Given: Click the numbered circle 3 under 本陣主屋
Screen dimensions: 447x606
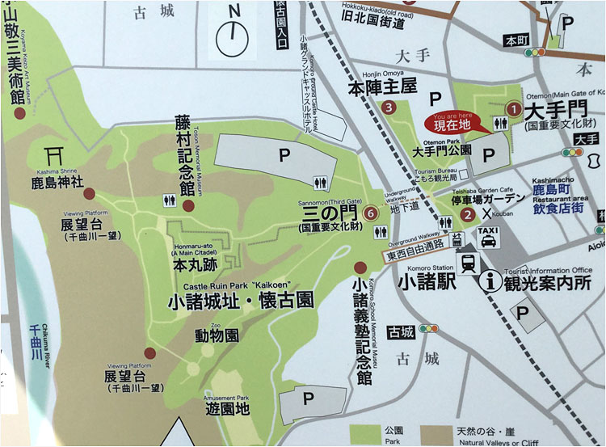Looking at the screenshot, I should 389,107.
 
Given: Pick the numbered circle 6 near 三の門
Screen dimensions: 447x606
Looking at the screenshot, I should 370,213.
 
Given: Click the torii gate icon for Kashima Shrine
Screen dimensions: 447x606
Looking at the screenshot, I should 56,154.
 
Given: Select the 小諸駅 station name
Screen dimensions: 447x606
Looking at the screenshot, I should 425,282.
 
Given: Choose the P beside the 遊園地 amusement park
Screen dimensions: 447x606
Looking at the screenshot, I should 307,399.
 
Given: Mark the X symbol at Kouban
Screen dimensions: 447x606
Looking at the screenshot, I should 486,213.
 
